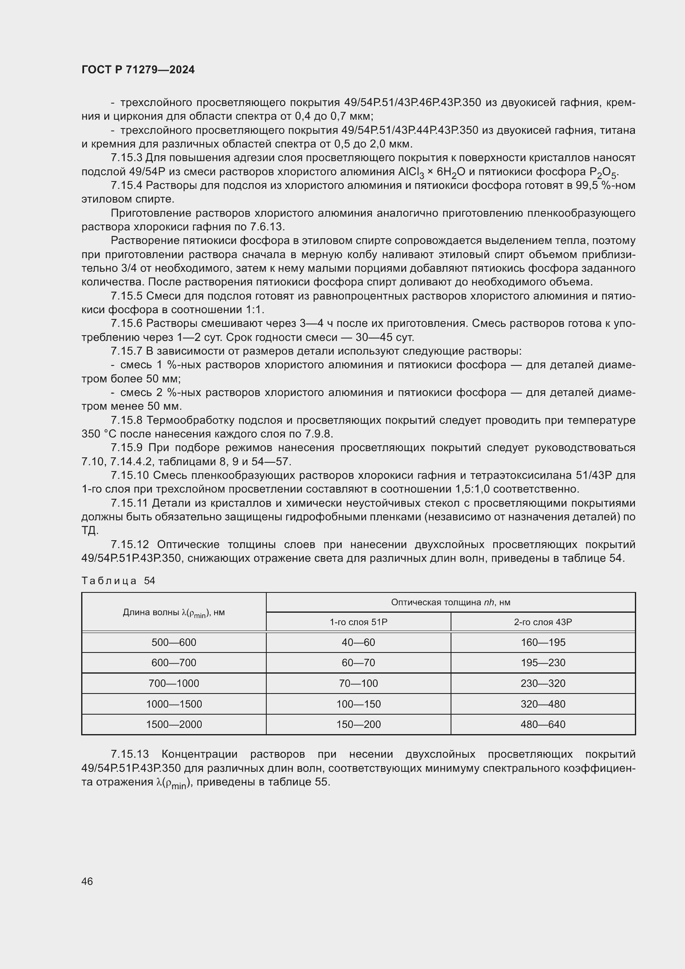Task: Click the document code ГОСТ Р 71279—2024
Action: coord(138,70)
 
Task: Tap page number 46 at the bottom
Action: coord(87,881)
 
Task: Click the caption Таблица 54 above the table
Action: coord(118,581)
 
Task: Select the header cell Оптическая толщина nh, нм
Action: coord(451,602)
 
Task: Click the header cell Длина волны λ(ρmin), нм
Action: coord(174,613)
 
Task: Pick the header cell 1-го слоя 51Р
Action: coord(358,622)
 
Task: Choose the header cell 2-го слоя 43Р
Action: coord(543,622)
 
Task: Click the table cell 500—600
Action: coord(174,643)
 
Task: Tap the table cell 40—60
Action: coord(358,643)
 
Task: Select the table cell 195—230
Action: coord(543,662)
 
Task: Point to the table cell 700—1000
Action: coord(174,683)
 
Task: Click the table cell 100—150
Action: coord(358,704)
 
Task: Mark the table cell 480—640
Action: coord(543,724)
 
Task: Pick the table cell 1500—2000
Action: coord(174,724)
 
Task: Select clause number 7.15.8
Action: coord(127,420)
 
